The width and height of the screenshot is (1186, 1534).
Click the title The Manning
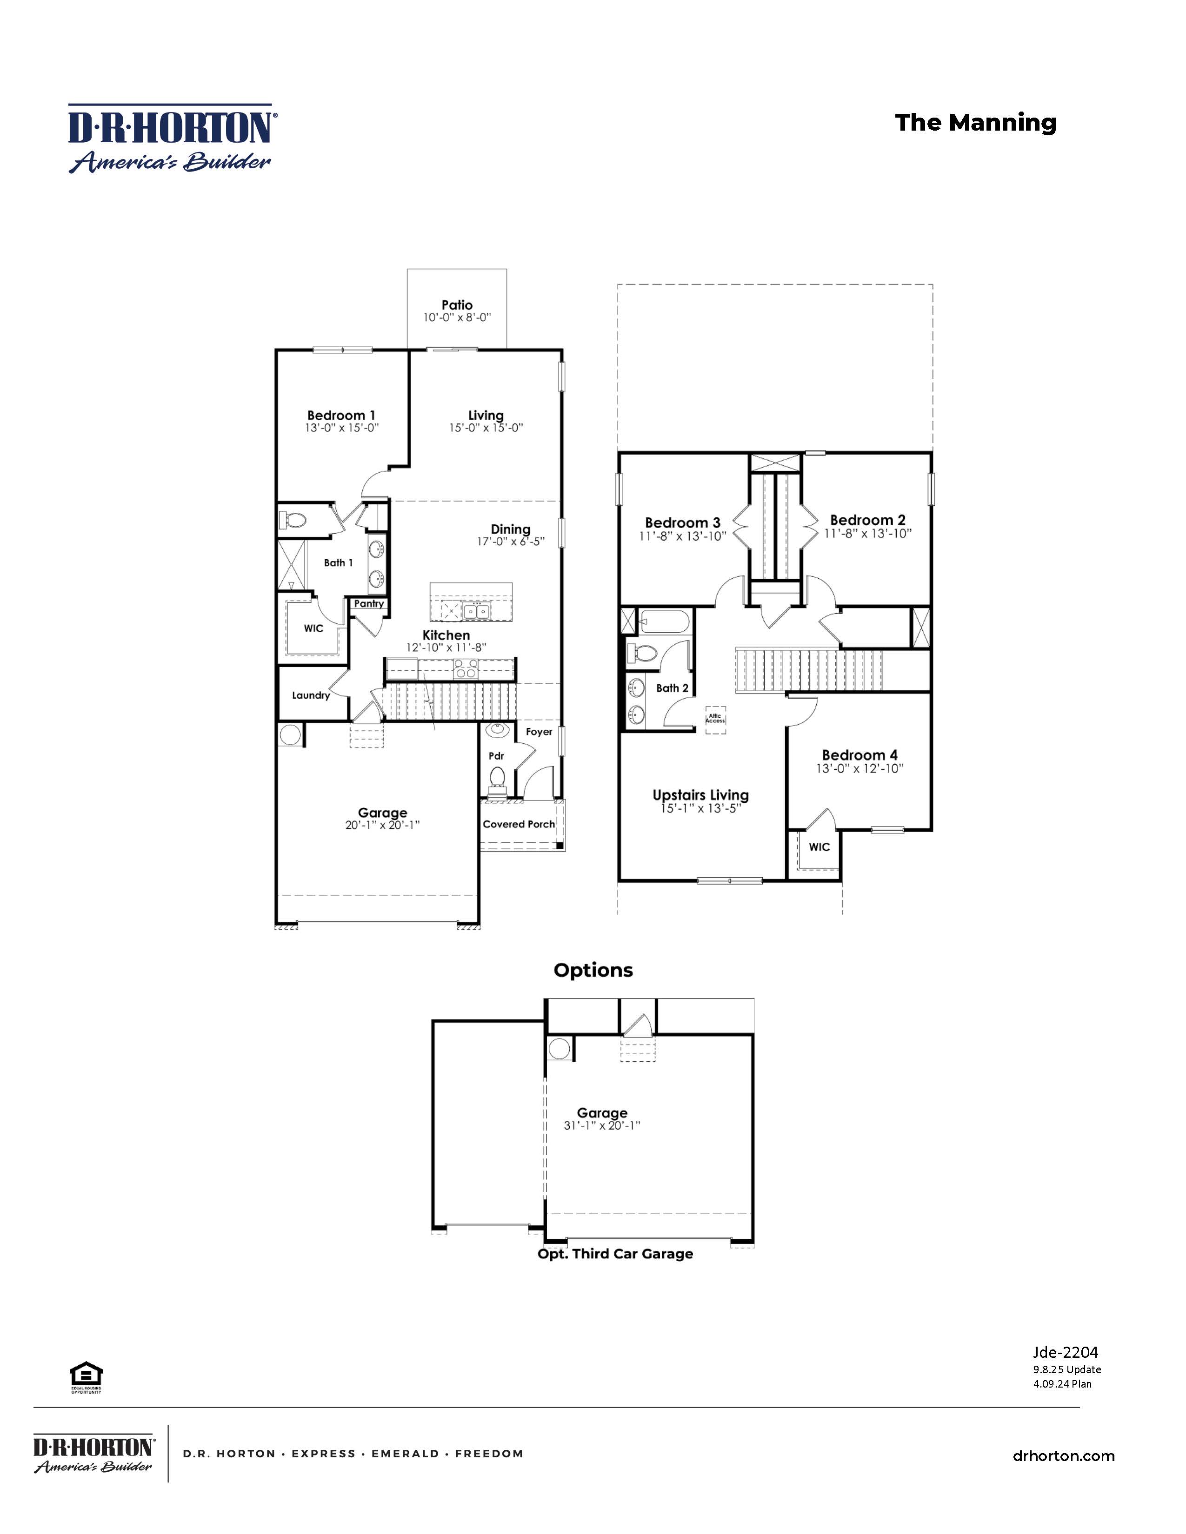click(975, 123)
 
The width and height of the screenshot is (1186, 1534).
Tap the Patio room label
click(457, 305)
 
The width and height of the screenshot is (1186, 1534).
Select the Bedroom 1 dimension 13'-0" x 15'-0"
click(341, 428)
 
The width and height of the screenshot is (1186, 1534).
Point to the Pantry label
click(369, 603)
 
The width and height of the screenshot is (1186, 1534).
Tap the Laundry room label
click(311, 695)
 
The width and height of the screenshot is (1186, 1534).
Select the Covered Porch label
click(519, 824)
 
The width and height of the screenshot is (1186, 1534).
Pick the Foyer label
click(539, 732)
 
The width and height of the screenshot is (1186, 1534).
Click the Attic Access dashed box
click(715, 719)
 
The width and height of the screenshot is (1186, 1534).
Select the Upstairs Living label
click(700, 795)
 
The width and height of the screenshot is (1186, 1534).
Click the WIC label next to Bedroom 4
click(819, 847)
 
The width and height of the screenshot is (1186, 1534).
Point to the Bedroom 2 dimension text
click(868, 533)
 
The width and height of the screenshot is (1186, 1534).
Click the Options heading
click(593, 970)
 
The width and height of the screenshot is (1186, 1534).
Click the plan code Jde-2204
click(1065, 1352)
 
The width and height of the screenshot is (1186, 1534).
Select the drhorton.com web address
click(1063, 1456)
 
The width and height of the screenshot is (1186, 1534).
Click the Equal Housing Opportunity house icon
click(86, 1374)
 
